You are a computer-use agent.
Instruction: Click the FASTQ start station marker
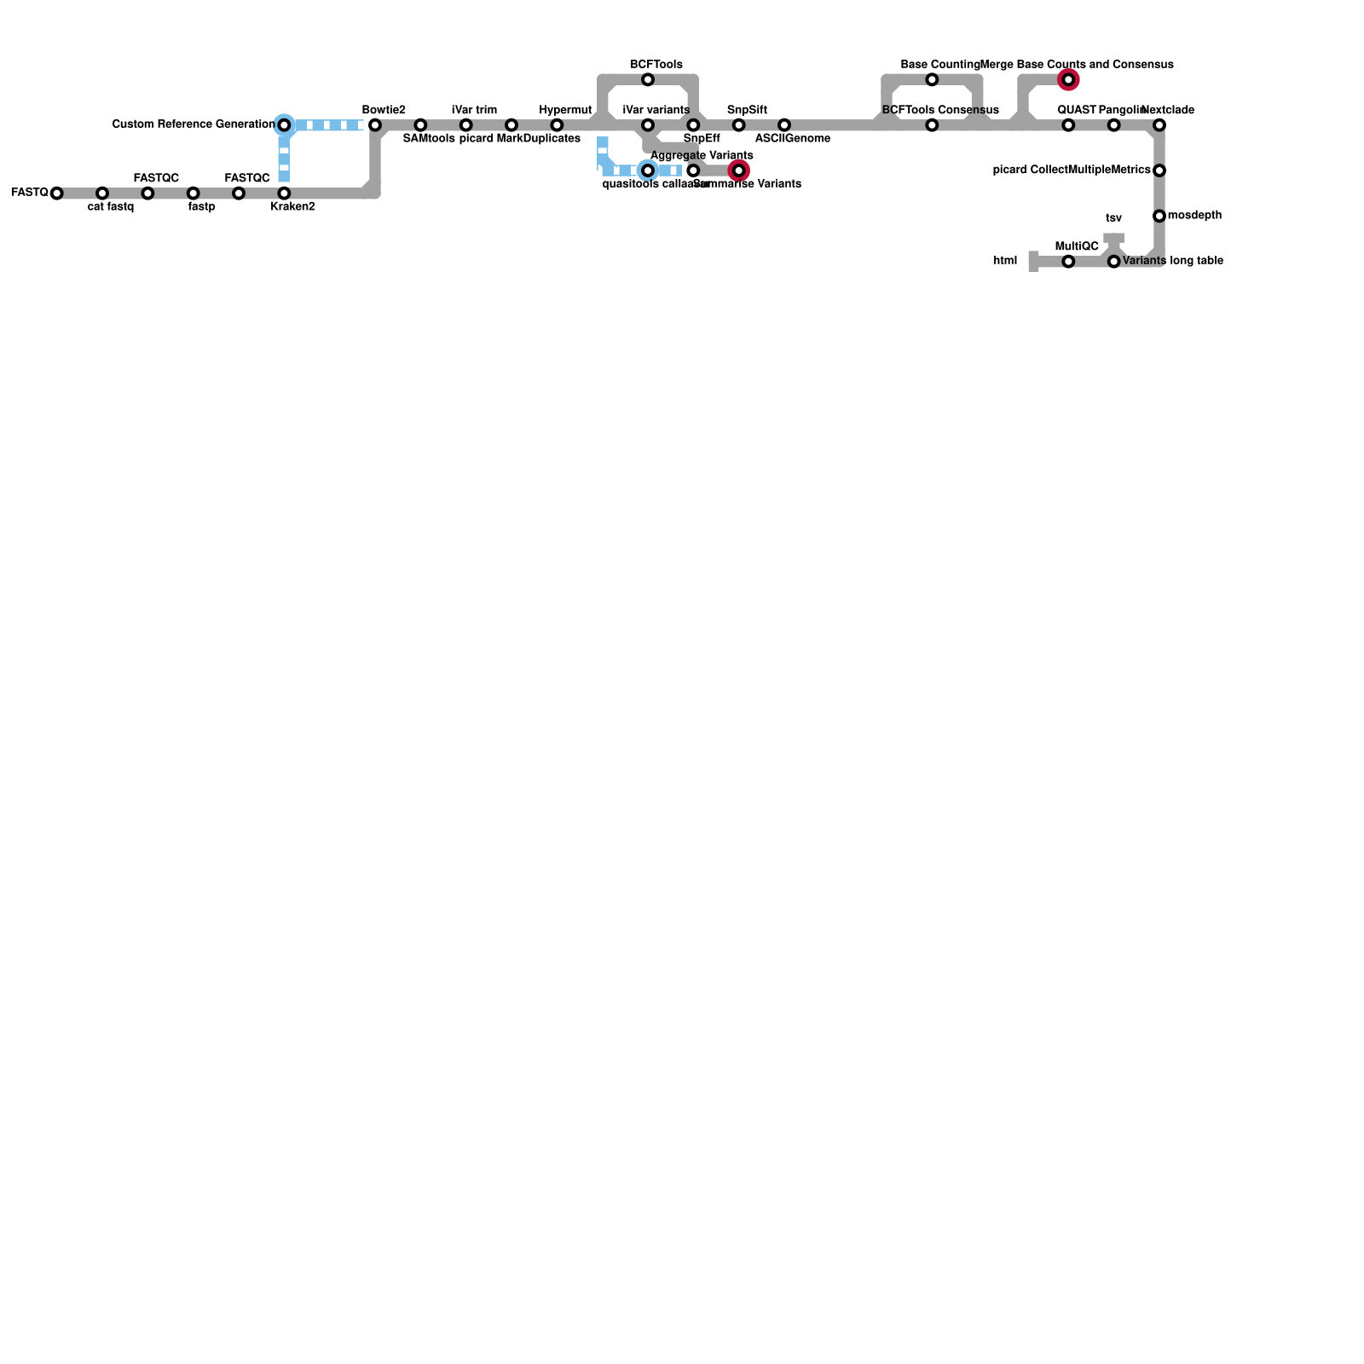(x=56, y=194)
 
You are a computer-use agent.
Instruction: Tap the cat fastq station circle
(x=102, y=194)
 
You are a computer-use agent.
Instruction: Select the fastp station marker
(x=194, y=194)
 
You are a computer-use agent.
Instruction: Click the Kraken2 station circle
(x=284, y=194)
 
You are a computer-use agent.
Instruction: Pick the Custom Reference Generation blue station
(x=284, y=125)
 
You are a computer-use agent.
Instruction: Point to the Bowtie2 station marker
(x=375, y=125)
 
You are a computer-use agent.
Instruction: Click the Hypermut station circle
(x=557, y=125)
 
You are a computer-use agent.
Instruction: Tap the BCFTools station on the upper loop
(x=648, y=80)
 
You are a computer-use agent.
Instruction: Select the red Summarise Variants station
(x=739, y=171)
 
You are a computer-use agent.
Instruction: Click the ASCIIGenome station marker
(x=784, y=125)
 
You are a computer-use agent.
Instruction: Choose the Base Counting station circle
(x=932, y=80)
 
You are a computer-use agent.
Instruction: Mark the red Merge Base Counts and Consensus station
(x=1068, y=80)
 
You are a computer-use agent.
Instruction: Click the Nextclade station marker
(x=1159, y=125)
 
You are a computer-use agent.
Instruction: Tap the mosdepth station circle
(x=1159, y=217)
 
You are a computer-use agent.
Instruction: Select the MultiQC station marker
(x=1068, y=262)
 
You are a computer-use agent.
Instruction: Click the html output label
(x=1005, y=261)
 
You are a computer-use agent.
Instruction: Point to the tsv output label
(x=1113, y=218)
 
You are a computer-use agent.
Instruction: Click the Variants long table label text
(x=1173, y=261)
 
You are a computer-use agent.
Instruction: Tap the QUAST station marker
(x=1068, y=125)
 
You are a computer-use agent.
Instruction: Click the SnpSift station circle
(x=739, y=125)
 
